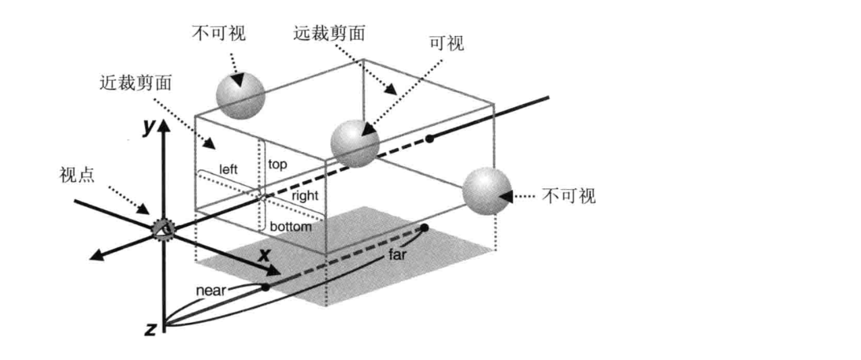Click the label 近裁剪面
(135, 82)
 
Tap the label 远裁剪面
(329, 34)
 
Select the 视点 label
(77, 175)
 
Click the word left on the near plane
(228, 169)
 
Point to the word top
(278, 164)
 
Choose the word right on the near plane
(305, 196)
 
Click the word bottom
(291, 226)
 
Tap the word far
(397, 254)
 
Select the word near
(211, 290)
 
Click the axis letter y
(148, 126)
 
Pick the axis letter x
(265, 255)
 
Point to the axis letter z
(151, 329)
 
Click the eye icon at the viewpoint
(164, 229)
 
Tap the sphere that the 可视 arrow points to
(355, 144)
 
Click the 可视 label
(447, 43)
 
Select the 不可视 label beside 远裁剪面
(219, 34)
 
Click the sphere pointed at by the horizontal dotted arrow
(487, 191)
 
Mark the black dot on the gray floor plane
(424, 228)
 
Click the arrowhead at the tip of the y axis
(164, 126)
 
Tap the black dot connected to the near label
(265, 287)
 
